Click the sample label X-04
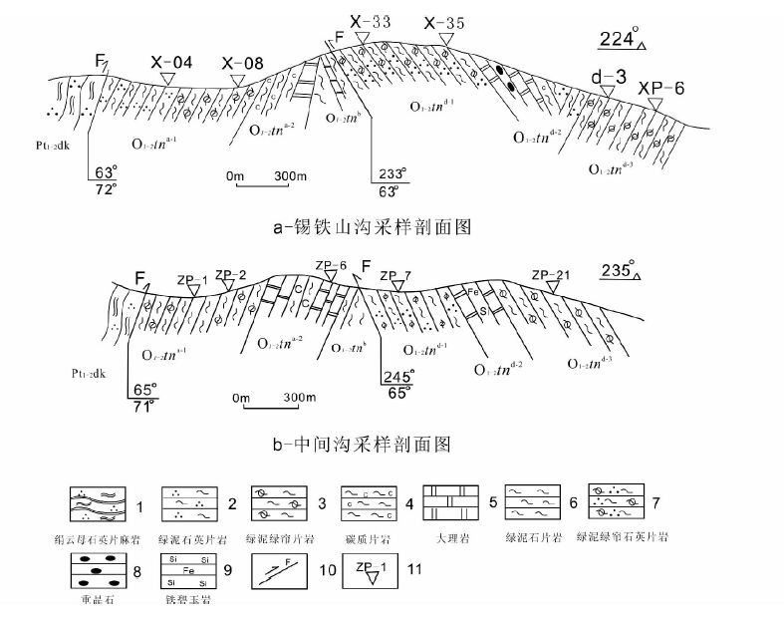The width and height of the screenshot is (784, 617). click(x=171, y=62)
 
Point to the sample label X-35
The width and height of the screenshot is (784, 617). click(x=444, y=22)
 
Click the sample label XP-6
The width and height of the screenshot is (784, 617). click(x=661, y=88)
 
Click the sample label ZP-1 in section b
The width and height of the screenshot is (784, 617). click(x=193, y=279)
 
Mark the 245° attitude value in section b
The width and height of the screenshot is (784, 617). click(x=397, y=377)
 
